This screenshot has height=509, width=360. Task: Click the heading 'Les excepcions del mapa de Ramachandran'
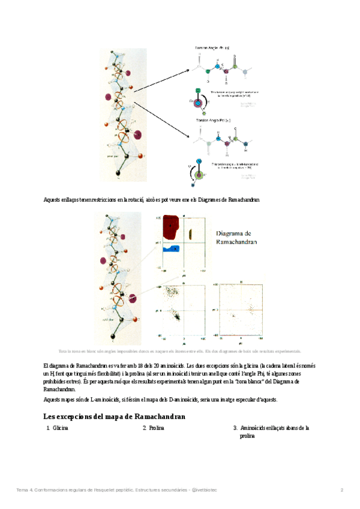pyautogui.click(x=115, y=417)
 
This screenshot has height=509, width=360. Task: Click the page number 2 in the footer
pyautogui.click(x=342, y=490)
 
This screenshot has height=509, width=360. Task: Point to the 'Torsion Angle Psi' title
pyautogui.click(x=214, y=121)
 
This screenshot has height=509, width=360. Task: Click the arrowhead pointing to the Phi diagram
pyautogui.click(x=188, y=70)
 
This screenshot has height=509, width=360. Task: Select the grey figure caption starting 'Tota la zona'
pyautogui.click(x=179, y=351)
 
